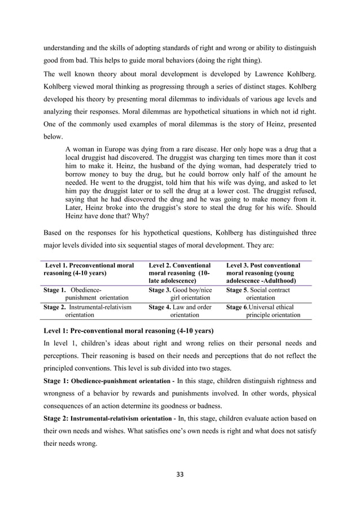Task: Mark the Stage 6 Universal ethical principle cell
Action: [263, 311]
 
